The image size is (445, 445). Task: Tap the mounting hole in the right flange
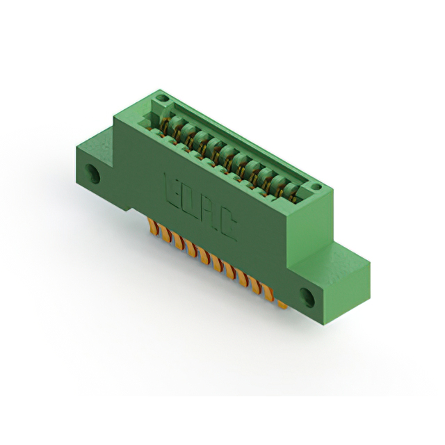click(x=308, y=297)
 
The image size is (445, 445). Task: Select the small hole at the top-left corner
click(x=160, y=101)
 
